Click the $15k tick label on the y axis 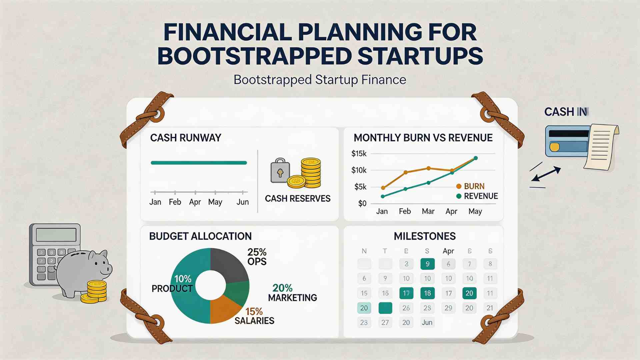[359, 154]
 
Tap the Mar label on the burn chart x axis [428, 211]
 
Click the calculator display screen [56, 235]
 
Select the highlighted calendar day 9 [427, 264]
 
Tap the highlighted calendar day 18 [427, 293]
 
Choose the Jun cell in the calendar [427, 322]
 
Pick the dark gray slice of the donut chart [228, 265]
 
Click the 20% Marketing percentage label [282, 288]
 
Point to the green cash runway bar [199, 163]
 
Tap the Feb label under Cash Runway [175, 202]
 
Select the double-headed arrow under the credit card [546, 175]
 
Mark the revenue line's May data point [476, 158]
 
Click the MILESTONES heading [425, 236]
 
